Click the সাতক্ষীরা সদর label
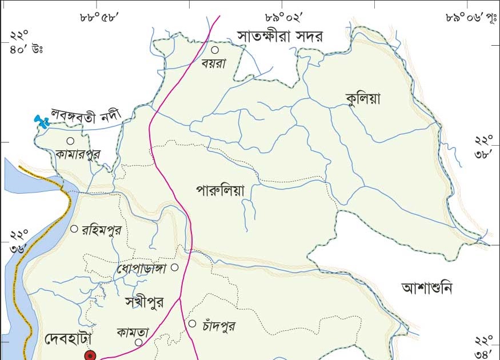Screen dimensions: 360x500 280,37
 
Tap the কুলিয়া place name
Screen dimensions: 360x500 363,99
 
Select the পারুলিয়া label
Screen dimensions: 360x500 219,190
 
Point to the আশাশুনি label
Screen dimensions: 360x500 426,287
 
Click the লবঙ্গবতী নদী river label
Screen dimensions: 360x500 88,114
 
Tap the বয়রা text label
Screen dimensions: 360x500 214,63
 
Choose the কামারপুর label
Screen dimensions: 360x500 78,154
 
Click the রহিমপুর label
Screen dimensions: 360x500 102,230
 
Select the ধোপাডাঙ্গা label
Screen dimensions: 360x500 141,268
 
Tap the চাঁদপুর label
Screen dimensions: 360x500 218,326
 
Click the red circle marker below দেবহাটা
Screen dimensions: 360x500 90,355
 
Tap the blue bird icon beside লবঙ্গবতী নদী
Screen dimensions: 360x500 41,121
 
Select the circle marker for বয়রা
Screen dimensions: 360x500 215,50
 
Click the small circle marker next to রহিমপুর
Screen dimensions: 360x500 74,229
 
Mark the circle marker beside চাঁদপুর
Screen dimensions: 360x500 193,324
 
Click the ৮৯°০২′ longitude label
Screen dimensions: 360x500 284,17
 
